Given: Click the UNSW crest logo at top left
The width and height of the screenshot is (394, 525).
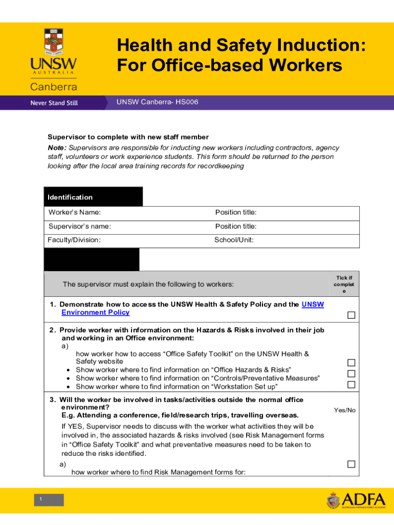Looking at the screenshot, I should coord(53,42).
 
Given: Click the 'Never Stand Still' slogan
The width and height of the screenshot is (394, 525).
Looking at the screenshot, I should coord(54,103).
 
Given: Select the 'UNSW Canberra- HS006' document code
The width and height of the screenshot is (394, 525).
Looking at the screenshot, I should coord(157,102).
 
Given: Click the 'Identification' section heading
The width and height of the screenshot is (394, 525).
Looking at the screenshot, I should coord(70,197).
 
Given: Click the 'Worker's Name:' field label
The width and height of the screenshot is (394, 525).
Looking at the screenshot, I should coord(75,212).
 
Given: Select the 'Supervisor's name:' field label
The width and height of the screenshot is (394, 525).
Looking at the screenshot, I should coord(80,226).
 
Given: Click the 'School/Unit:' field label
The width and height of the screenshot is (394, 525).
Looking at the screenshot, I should coord(234,240).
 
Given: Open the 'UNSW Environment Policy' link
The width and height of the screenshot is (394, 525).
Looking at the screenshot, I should coord(95,312).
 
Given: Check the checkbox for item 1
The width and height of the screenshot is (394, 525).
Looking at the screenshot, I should coord(351,315).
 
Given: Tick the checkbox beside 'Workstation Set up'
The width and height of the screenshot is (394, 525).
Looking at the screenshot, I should coord(351,385).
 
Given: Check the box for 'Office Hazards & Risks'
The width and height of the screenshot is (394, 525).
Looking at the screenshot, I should coord(351,362).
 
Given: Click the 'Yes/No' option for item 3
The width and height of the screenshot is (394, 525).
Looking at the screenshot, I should coord(344,410).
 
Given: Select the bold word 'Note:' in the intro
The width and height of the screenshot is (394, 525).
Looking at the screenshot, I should coord(57,148).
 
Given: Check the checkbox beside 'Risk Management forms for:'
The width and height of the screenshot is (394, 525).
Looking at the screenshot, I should coord(351,464).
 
